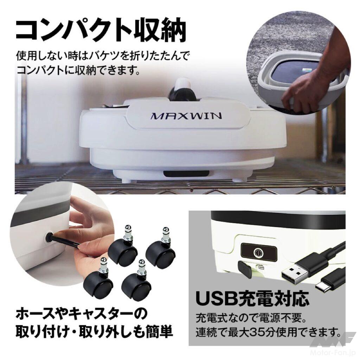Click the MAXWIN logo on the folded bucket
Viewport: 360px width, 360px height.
pyautogui.click(x=186, y=116)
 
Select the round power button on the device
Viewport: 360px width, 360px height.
pyautogui.click(x=258, y=252)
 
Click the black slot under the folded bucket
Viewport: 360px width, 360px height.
pyautogui.click(x=186, y=174)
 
